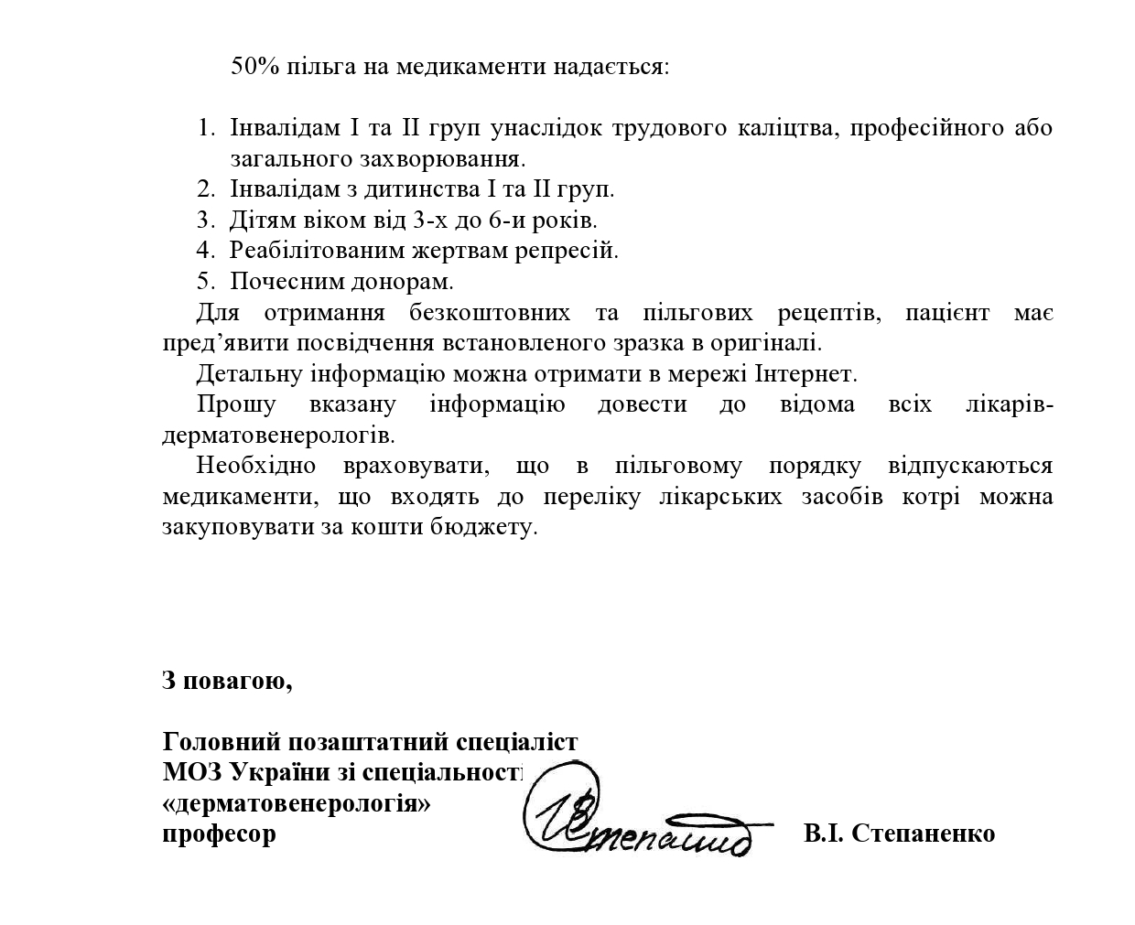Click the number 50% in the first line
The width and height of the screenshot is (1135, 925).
coord(255,67)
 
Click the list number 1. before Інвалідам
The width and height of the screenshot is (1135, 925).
coord(205,128)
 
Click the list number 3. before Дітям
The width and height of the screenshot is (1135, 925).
coord(205,220)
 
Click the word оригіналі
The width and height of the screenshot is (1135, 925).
coord(767,343)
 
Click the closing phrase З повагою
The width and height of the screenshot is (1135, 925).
coord(227,682)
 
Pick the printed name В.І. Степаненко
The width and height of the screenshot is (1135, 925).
coord(899,834)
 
